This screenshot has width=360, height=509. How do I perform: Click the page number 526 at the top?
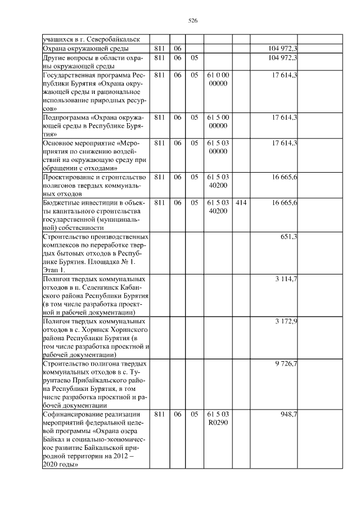(x=192, y=21)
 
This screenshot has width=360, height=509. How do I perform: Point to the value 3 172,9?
(x=286, y=321)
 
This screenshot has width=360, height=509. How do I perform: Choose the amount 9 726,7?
(x=286, y=364)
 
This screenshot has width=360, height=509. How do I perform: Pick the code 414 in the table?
(x=241, y=202)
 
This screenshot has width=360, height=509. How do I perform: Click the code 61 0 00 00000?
(x=218, y=79)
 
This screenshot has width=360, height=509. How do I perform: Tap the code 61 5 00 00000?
(x=218, y=121)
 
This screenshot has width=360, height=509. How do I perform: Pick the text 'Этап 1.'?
(x=55, y=270)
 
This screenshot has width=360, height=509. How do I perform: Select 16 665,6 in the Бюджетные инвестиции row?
(x=284, y=202)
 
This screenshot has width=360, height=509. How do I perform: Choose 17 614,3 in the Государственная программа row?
(x=284, y=74)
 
